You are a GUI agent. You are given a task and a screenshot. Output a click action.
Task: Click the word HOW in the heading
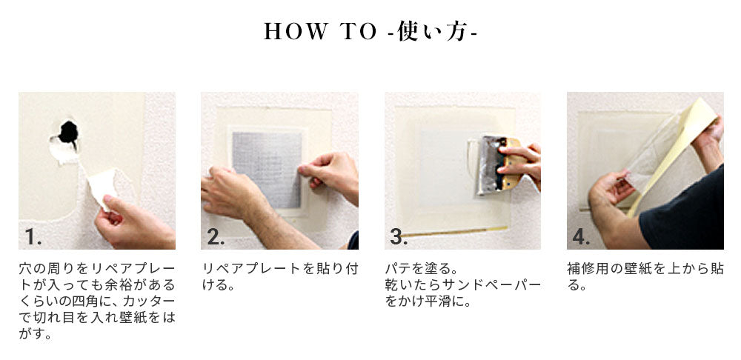(x=296, y=31)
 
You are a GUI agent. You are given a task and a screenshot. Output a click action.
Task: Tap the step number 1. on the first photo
(x=33, y=237)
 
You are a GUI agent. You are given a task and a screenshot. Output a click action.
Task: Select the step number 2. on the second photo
(x=216, y=237)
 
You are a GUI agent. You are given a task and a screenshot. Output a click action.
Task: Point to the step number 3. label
(x=399, y=237)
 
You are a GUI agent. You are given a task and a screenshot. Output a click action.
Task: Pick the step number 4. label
(x=581, y=237)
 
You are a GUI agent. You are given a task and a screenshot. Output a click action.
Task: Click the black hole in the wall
(x=68, y=133)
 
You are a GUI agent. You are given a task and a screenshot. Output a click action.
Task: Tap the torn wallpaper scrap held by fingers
(x=102, y=188)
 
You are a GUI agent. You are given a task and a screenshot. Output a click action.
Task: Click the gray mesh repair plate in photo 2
(x=267, y=170)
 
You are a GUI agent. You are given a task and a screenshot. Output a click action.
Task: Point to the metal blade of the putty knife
(x=488, y=165)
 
